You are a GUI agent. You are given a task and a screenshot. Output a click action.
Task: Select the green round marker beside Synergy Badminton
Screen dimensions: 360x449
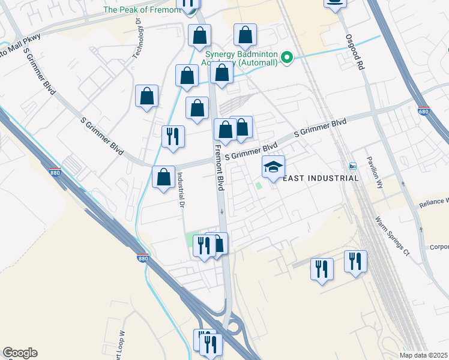tap(288, 58)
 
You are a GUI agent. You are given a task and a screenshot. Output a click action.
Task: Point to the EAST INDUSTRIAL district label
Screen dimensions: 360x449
tap(320, 178)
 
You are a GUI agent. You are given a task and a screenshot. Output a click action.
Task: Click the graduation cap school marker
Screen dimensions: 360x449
tap(273, 167)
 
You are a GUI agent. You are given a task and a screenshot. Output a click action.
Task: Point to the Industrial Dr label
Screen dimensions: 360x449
tap(179, 190)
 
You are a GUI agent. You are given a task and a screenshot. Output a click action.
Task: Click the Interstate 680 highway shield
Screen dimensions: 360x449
tap(423, 111)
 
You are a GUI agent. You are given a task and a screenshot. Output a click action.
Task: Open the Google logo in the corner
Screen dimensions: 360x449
tap(20, 353)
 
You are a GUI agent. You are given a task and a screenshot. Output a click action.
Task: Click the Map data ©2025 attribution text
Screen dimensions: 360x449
tap(424, 355)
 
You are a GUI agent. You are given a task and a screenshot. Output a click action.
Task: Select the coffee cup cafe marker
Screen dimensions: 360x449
tap(335, 2)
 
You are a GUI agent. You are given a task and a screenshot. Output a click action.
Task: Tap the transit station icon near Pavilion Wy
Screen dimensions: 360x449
tap(353, 166)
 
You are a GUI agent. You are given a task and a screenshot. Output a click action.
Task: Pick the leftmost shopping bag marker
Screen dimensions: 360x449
tap(147, 96)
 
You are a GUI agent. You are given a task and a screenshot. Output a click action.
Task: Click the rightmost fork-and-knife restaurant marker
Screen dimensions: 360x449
tap(355, 261)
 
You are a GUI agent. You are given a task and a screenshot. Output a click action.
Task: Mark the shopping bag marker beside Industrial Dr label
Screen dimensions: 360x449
tap(163, 178)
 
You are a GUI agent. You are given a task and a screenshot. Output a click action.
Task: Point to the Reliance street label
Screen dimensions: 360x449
tap(433, 202)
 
